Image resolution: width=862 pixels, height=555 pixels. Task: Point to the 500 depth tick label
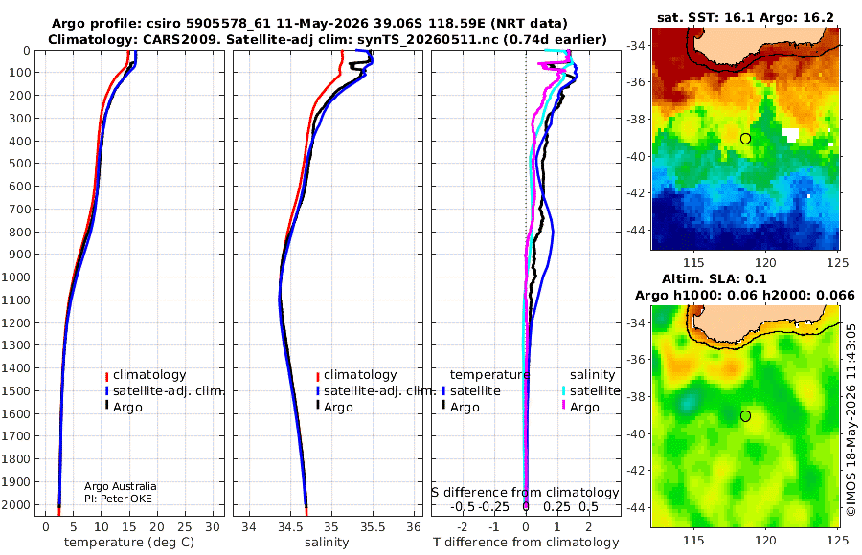[x=20, y=164]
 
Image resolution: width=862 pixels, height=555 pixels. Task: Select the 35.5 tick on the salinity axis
[x=373, y=526]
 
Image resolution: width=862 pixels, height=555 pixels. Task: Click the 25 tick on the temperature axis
[x=185, y=526]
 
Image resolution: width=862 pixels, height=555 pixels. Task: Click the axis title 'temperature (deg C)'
[x=129, y=543]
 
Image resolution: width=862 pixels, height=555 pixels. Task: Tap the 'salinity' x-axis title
[x=327, y=543]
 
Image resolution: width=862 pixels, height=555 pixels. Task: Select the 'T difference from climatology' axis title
[x=526, y=543]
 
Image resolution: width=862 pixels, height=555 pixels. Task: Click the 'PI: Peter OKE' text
[x=118, y=499]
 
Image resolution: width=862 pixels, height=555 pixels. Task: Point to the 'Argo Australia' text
[x=121, y=486]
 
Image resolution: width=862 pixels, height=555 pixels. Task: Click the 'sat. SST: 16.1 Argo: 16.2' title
[x=745, y=17]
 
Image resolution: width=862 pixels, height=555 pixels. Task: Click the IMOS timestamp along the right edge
[x=851, y=420]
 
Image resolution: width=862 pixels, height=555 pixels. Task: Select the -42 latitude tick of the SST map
[x=637, y=193]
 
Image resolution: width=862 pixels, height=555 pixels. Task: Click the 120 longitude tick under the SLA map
[x=765, y=540]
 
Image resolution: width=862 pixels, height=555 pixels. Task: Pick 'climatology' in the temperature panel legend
[x=149, y=375]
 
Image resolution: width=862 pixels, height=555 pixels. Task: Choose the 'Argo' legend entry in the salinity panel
[x=338, y=408]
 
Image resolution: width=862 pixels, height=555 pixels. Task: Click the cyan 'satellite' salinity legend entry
[x=595, y=390]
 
